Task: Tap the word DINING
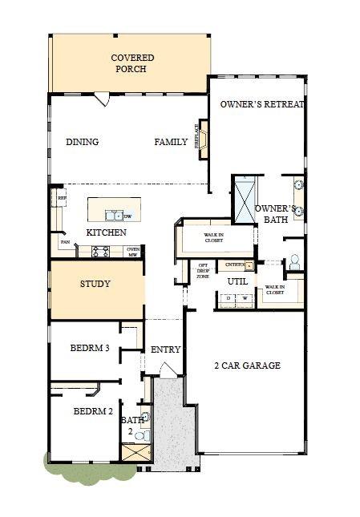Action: click(82, 142)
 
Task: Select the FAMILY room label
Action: click(171, 142)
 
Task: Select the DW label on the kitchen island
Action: click(128, 216)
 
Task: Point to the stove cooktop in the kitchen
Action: click(101, 251)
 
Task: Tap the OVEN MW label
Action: click(134, 252)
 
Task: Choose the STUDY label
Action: click(95, 284)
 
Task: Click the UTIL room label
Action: click(237, 281)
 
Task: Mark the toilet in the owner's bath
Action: click(294, 261)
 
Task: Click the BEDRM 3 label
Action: click(89, 349)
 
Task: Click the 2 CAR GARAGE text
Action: click(247, 366)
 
